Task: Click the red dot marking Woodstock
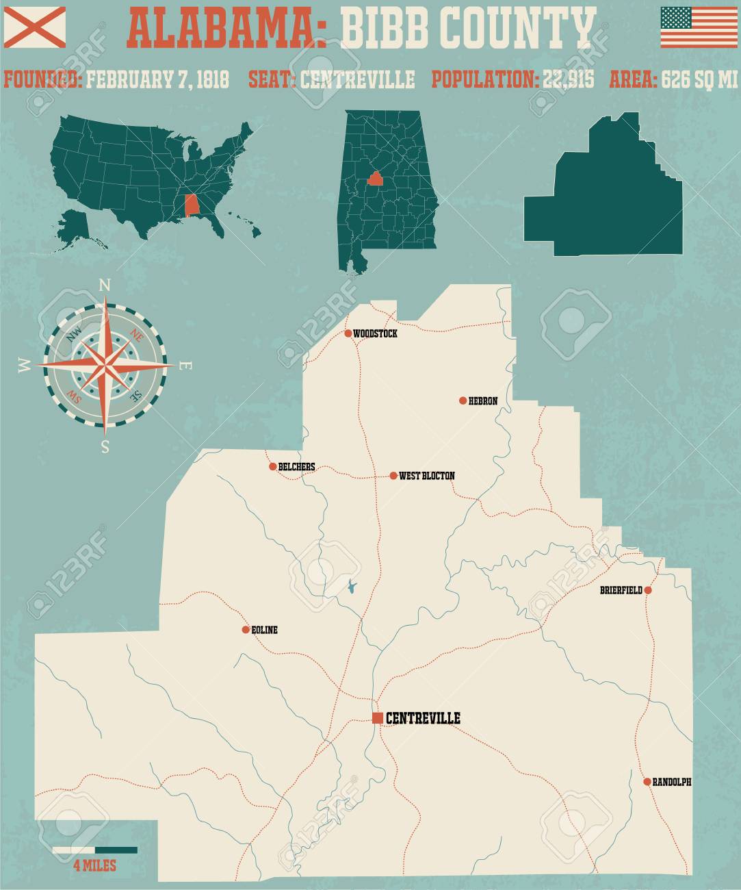coord(348,333)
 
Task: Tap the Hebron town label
coord(482,401)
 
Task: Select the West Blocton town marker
coord(393,475)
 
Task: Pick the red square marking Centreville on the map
coord(377,717)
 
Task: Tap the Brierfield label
coord(621,590)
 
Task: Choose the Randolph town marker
coord(647,781)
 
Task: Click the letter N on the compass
coord(105,285)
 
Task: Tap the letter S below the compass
coord(105,448)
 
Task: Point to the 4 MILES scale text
coord(94,866)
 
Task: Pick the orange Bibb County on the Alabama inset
coord(374,179)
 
